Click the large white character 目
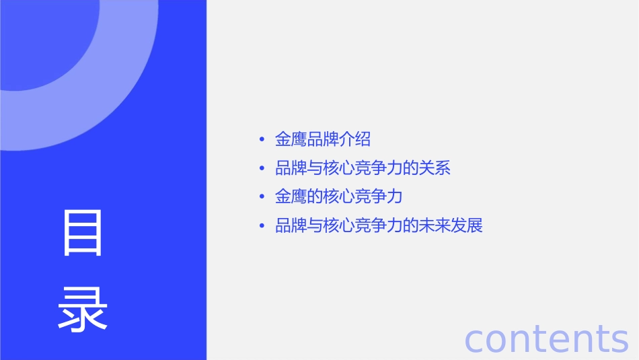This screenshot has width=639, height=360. [x=83, y=233]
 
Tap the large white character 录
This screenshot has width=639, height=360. [x=83, y=310]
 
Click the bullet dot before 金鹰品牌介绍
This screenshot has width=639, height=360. [x=262, y=140]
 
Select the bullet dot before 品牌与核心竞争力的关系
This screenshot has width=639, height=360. [x=262, y=168]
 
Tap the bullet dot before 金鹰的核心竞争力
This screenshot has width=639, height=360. [x=262, y=197]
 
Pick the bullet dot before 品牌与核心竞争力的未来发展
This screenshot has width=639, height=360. [x=262, y=225]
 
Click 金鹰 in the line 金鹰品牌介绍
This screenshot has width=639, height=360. [x=291, y=140]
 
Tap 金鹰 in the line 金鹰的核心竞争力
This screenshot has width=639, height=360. [x=291, y=197]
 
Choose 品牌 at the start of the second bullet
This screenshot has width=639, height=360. [x=291, y=168]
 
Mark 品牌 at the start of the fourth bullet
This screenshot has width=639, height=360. [x=291, y=225]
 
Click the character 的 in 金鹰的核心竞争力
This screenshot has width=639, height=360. [x=315, y=197]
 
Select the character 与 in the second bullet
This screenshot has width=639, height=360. [x=315, y=168]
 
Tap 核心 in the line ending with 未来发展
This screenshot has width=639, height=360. [x=338, y=225]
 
